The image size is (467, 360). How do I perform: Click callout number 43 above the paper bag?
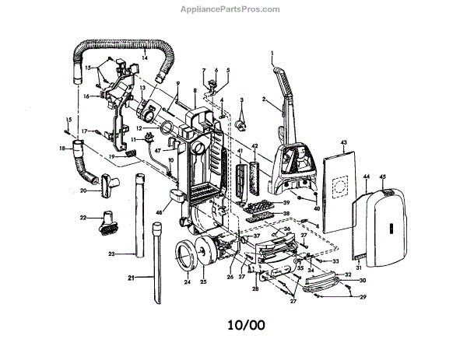click(342, 143)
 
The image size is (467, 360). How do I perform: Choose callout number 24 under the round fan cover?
click(186, 284)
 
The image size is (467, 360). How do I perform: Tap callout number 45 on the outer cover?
click(382, 177)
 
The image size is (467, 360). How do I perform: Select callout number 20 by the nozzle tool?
click(83, 190)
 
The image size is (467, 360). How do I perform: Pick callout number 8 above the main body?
click(195, 92)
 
